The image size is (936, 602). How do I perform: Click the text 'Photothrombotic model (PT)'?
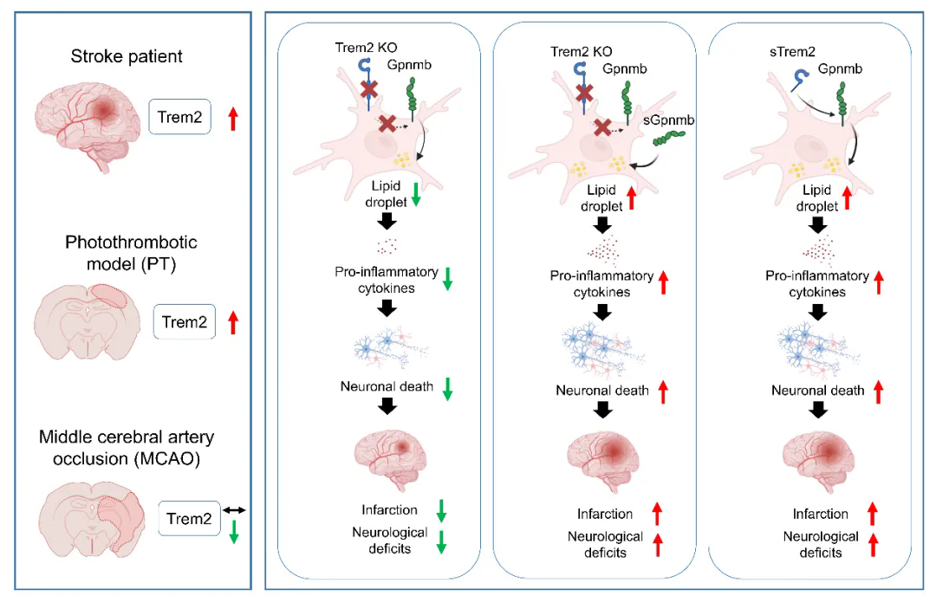pos(132,253)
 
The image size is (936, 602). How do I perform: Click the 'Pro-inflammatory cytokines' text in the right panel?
pos(817,284)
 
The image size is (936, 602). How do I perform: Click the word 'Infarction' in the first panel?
pos(390,510)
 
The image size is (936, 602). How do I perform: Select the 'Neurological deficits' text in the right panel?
pos(821,545)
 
